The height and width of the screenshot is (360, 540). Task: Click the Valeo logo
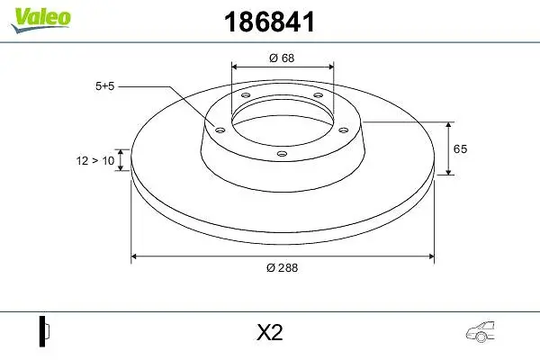40,20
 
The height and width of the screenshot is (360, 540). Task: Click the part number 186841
269,22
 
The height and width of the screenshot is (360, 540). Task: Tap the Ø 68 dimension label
282,58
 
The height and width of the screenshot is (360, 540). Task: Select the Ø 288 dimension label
282,267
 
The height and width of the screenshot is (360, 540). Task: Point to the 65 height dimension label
460,148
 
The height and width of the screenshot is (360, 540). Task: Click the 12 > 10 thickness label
95,160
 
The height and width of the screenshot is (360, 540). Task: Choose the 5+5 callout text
104,86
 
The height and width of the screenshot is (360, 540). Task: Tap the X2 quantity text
270,332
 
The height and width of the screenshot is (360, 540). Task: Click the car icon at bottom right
481,332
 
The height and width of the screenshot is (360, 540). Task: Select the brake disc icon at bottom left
44,331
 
